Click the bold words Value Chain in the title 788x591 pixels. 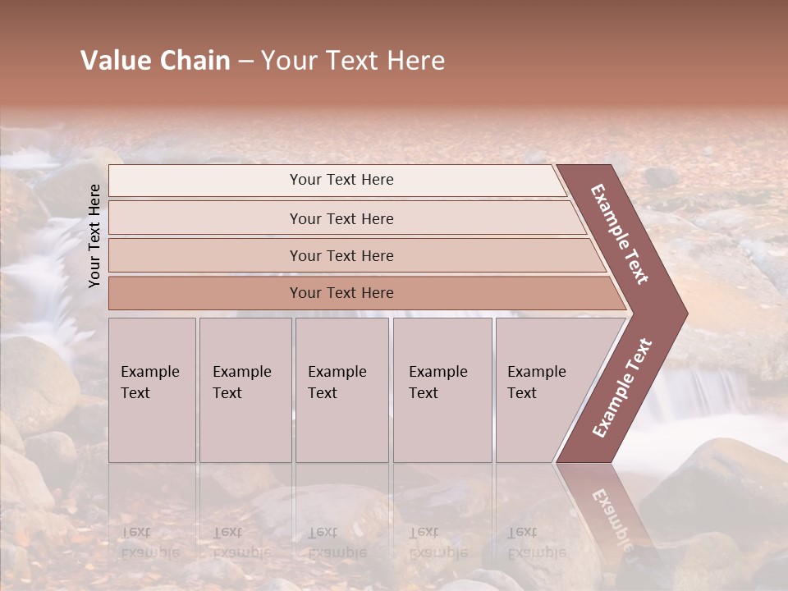pos(155,61)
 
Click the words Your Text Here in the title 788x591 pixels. pos(353,61)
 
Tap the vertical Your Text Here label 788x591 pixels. pos(94,236)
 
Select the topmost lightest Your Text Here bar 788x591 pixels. pos(341,180)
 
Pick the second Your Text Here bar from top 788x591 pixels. pos(341,218)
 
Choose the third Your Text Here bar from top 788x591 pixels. pos(341,255)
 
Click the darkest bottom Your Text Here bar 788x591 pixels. pos(341,293)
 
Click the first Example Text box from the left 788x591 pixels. pos(152,389)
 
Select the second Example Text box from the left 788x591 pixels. pos(245,389)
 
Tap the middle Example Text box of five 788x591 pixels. pos(341,389)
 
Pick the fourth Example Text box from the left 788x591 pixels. pos(442,389)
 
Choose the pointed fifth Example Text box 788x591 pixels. pos(542,389)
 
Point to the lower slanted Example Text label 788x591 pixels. pos(622,387)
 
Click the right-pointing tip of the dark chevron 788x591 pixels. pos(685,313)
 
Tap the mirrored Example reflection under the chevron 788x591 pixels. pos(611,517)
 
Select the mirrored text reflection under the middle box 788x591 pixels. pos(337,542)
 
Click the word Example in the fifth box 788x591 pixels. pos(537,372)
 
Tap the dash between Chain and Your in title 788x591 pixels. pos(245,62)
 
